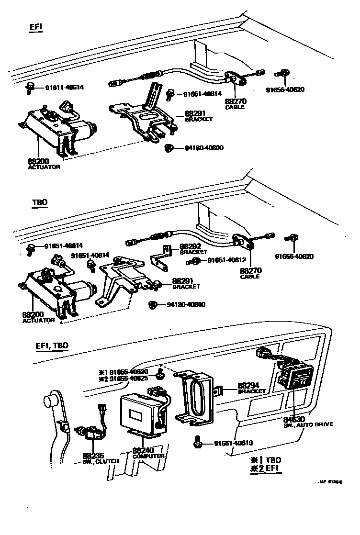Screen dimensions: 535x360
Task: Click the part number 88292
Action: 190,246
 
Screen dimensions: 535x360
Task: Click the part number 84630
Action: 293,419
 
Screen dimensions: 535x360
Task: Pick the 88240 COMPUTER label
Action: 148,453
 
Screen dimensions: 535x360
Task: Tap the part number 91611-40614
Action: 64,87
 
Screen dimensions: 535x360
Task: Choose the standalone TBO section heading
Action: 40,202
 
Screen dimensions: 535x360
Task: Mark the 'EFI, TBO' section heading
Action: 52,346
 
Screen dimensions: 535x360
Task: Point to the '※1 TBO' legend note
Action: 263,459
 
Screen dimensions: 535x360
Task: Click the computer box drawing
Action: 141,412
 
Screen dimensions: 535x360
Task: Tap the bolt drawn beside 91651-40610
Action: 197,442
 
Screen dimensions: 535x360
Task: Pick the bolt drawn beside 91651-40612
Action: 195,261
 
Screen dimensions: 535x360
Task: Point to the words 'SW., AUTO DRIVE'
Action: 308,424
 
